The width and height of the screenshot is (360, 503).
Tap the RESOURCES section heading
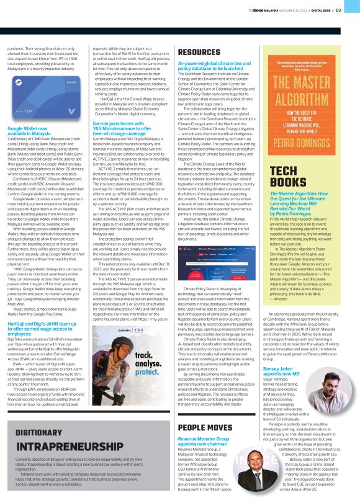[x=199, y=53]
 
